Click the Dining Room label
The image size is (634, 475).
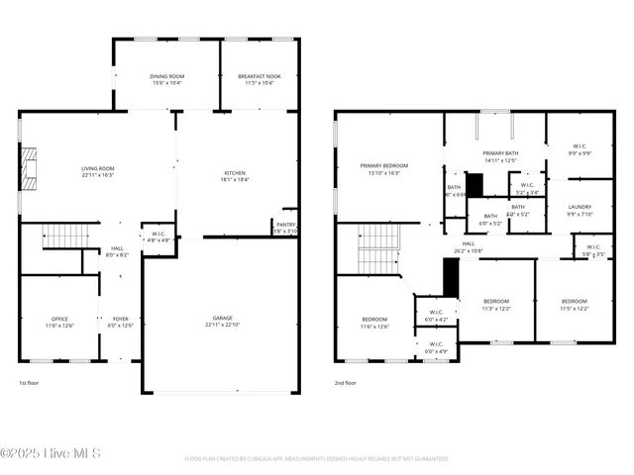[165, 79]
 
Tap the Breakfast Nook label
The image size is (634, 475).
[259, 79]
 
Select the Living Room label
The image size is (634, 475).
[97, 171]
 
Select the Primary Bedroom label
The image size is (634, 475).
[384, 168]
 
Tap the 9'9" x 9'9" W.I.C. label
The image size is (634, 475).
[580, 151]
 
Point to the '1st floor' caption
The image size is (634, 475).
[30, 382]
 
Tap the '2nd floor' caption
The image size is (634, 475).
[345, 382]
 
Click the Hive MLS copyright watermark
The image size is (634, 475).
[52, 454]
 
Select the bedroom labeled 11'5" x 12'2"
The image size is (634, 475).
[575, 304]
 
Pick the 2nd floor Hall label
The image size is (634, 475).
[469, 246]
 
